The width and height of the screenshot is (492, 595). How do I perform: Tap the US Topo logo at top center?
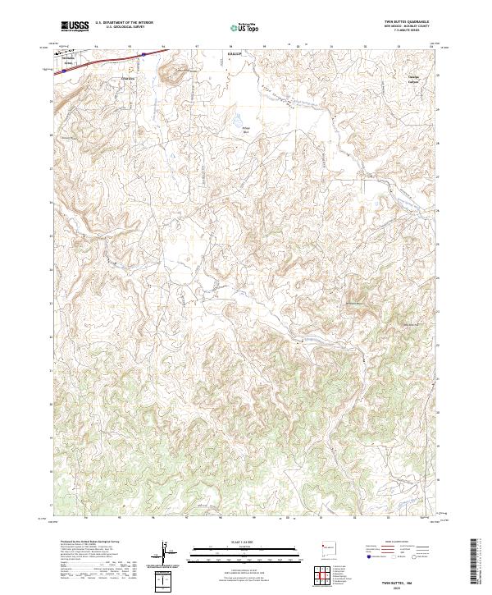(x=244, y=28)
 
